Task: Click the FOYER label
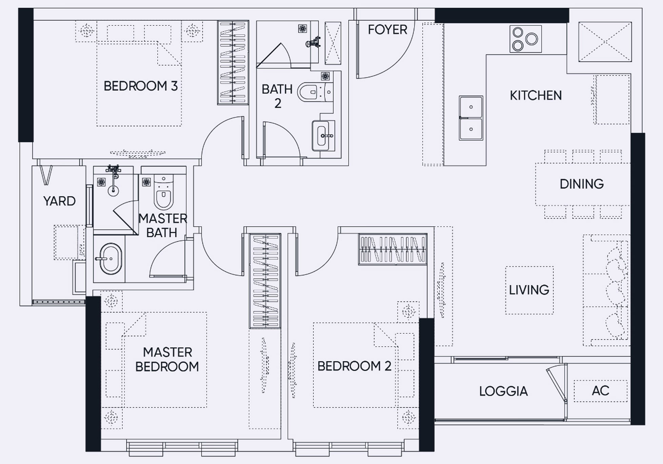(x=387, y=30)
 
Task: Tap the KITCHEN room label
(x=536, y=96)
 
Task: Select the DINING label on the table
(x=582, y=184)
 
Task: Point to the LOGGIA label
(x=503, y=391)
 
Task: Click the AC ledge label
(x=601, y=391)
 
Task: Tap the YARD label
(x=59, y=201)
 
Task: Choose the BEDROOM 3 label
(x=141, y=86)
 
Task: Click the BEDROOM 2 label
(x=354, y=366)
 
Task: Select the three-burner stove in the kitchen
(x=525, y=39)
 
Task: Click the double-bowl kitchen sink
(x=471, y=118)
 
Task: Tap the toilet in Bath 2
(x=315, y=92)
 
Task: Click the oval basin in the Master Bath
(x=111, y=259)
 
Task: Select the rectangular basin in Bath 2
(x=323, y=136)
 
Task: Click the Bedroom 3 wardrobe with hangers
(x=233, y=63)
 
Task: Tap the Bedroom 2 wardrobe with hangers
(x=393, y=249)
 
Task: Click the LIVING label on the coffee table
(x=529, y=290)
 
